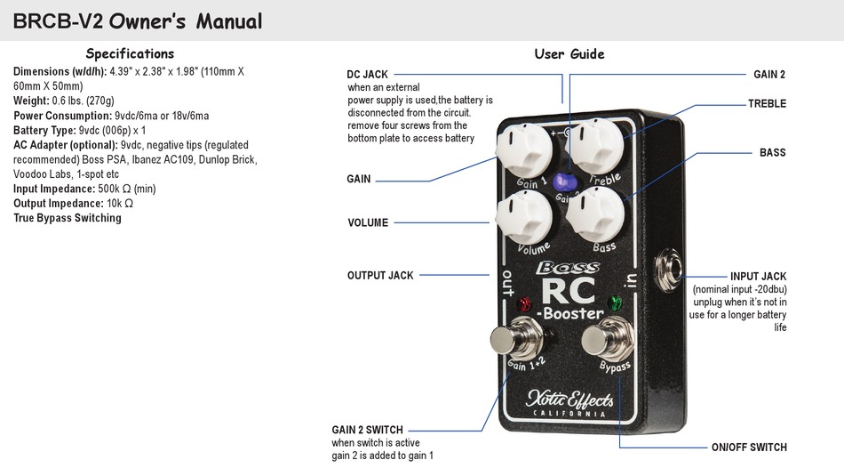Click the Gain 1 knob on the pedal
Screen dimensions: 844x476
coord(524,149)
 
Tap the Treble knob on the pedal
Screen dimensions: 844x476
coord(596,146)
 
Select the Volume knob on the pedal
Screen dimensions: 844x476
coord(524,218)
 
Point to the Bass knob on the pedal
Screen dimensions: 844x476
coord(595,214)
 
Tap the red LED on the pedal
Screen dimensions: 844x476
coord(524,303)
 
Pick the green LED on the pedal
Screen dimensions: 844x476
coord(615,302)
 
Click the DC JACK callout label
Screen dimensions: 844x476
coord(367,75)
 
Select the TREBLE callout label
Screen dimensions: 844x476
coord(767,103)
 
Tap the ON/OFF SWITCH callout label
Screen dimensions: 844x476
coord(749,448)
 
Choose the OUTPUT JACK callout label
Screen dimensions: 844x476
coord(380,276)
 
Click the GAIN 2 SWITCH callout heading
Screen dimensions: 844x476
coord(367,430)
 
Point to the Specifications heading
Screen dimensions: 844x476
coord(130,54)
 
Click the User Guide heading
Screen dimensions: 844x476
coord(569,54)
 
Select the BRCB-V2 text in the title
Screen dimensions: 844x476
coord(58,21)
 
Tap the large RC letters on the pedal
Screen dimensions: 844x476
coord(569,291)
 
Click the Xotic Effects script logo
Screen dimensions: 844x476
coord(569,399)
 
